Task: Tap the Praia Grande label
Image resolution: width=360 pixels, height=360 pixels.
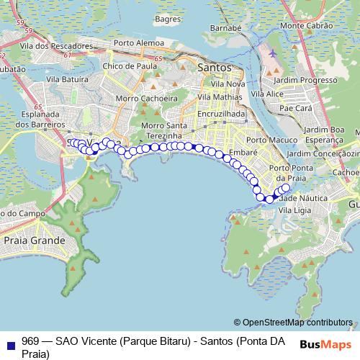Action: click(34, 240)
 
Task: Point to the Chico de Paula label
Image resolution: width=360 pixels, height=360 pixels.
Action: click(130, 66)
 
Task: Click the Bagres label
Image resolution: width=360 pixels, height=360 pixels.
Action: click(166, 18)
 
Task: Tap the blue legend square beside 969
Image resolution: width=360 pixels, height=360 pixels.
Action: click(10, 343)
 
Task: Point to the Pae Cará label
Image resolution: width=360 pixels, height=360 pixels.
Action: click(294, 107)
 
